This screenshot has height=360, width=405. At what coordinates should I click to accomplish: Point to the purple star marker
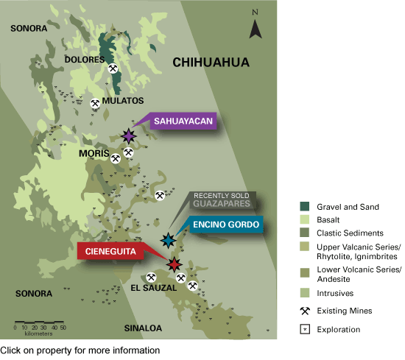click(x=129, y=135)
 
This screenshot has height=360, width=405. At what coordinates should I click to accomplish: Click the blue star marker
click(x=168, y=240)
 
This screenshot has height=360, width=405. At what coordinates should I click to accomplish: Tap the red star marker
click(x=174, y=264)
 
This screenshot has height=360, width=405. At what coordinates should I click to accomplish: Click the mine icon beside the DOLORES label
click(x=113, y=68)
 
